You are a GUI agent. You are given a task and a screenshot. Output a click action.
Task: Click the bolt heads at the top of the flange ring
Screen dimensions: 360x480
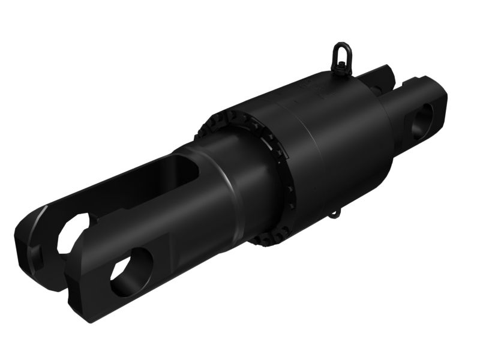tap(234, 116)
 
